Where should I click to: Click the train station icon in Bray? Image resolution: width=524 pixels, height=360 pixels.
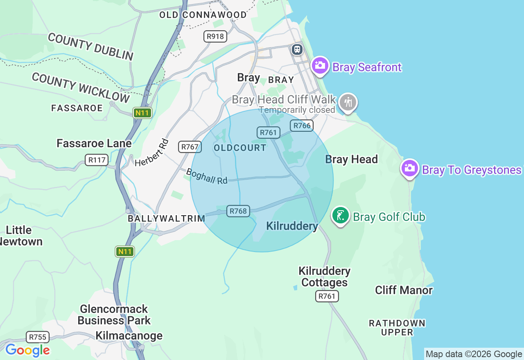pos(297,49)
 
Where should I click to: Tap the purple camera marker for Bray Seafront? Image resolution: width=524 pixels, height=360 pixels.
pos(320,65)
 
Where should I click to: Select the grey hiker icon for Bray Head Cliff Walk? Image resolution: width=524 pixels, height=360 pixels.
pos(348,102)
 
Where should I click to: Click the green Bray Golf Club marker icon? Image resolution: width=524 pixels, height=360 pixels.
pos(340,216)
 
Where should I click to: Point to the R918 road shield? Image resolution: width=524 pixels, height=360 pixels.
pos(215,36)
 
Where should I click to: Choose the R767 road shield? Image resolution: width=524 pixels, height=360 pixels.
pos(190,147)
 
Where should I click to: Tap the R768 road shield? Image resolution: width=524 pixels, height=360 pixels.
pos(238,211)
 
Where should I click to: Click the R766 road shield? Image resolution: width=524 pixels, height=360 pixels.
pos(302,126)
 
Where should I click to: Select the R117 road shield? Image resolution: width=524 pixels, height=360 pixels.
pos(97,160)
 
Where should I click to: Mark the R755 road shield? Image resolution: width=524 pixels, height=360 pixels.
pos(38,337)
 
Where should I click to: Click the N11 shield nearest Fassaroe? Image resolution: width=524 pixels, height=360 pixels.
pos(142,113)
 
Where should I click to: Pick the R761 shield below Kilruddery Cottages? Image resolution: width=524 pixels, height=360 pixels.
pos(327,296)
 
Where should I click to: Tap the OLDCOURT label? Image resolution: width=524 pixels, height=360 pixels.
pos(240,148)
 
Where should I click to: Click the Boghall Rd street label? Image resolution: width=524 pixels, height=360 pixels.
pos(207,176)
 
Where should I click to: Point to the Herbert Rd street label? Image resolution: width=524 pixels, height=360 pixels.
pos(152,153)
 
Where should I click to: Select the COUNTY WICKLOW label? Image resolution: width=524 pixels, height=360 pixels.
pos(81,88)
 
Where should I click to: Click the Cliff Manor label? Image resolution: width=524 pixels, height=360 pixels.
pos(404,290)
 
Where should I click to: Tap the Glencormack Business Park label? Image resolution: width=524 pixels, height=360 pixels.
pos(114,315)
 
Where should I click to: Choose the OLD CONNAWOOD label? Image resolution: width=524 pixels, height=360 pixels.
pos(203,15)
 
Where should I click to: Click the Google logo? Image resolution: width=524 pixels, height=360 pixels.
pos(27,350)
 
